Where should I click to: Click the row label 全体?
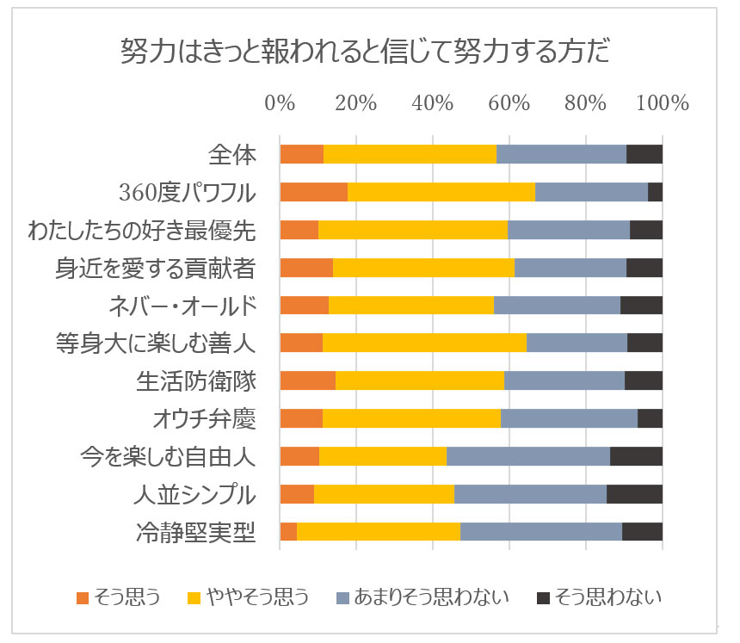point(232,155)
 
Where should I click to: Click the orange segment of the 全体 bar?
point(301,155)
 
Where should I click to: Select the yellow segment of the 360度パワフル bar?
point(441,192)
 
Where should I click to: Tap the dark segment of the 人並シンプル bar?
point(634,494)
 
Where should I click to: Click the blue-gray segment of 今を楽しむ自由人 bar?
point(528,456)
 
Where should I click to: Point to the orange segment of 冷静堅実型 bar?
point(288,532)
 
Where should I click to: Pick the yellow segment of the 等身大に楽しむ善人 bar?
point(424,343)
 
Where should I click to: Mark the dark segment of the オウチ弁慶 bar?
point(650,418)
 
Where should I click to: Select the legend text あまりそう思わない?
point(432,597)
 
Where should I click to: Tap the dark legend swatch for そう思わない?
point(542,597)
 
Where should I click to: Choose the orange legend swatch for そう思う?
point(83,597)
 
